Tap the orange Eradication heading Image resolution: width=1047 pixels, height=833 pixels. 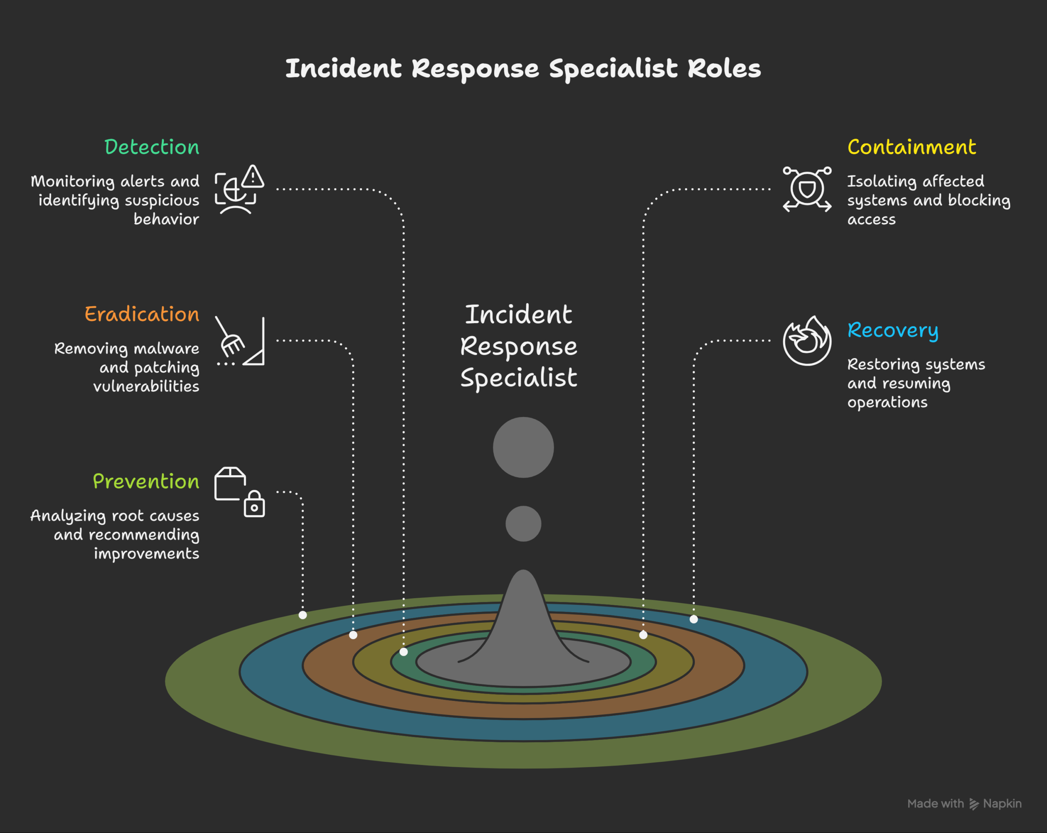pyautogui.click(x=142, y=314)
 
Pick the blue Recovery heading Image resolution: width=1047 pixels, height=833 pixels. pyautogui.click(x=892, y=330)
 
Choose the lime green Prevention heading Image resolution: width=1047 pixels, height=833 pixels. pyautogui.click(x=146, y=481)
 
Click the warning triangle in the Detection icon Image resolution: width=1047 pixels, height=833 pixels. pyautogui.click(x=253, y=177)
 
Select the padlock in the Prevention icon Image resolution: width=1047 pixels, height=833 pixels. pyautogui.click(x=254, y=505)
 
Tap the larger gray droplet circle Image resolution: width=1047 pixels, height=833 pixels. pyautogui.click(x=523, y=447)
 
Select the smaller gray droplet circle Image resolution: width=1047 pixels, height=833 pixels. pyautogui.click(x=523, y=524)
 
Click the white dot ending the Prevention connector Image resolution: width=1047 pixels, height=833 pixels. pyautogui.click(x=303, y=615)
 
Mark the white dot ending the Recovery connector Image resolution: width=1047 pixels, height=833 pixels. pyautogui.click(x=694, y=619)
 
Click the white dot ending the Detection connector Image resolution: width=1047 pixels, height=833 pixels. pyautogui.click(x=404, y=652)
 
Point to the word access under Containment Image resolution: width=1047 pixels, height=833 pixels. pyautogui.click(x=871, y=220)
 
